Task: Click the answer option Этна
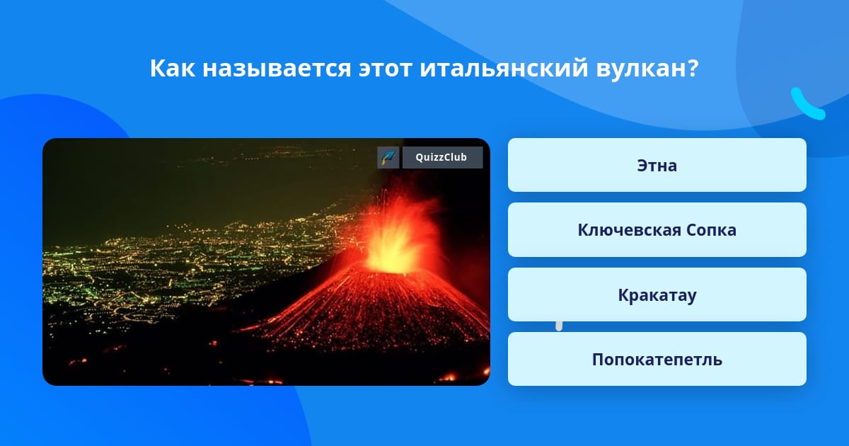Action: pyautogui.click(x=657, y=165)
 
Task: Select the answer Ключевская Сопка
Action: pyautogui.click(x=657, y=230)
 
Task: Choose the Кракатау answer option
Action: pyautogui.click(x=657, y=295)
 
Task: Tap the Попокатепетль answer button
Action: pyautogui.click(x=657, y=359)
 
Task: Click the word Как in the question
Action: pyautogui.click(x=173, y=68)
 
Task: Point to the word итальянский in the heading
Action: pyautogui.click(x=504, y=68)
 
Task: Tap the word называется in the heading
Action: pyautogui.click(x=277, y=69)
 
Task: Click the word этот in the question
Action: pyautogui.click(x=385, y=69)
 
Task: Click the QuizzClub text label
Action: pyautogui.click(x=441, y=157)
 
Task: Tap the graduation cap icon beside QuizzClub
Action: pyautogui.click(x=388, y=157)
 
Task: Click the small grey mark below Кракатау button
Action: pyautogui.click(x=559, y=326)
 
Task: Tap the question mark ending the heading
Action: pyautogui.click(x=692, y=68)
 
